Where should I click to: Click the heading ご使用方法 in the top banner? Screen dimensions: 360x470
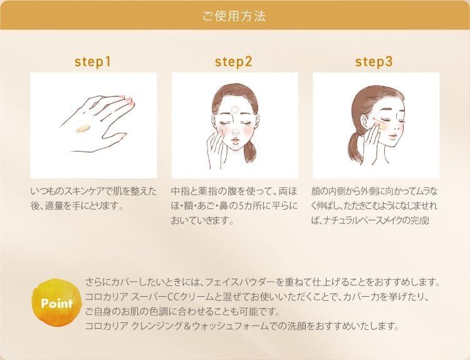(234, 16)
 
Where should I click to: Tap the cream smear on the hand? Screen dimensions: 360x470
(81, 128)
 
